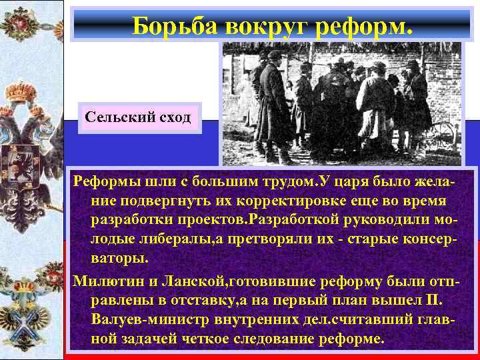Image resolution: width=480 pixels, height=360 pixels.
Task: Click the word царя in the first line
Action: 364,182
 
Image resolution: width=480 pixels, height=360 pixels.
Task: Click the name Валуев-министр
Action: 141,320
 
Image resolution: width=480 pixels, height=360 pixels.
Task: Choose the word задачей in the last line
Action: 145,339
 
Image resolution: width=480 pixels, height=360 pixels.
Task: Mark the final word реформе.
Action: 353,339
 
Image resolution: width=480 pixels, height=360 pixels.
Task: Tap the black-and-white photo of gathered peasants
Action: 341,103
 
